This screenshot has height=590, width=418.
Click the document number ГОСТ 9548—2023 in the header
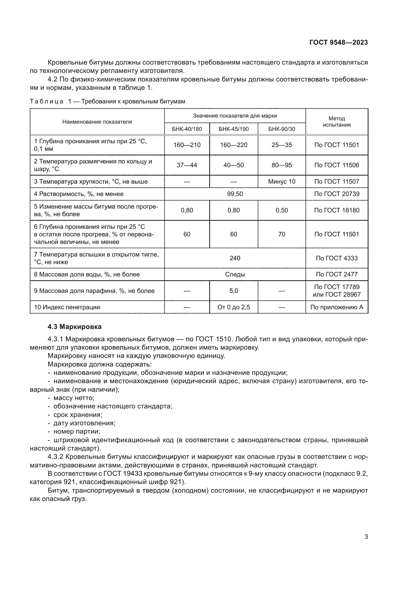(x=338, y=43)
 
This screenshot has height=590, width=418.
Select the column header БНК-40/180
(x=187, y=129)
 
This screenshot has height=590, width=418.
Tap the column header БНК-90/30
(x=282, y=129)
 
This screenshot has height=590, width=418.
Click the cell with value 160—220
(x=234, y=145)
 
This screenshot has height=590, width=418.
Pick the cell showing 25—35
(x=282, y=145)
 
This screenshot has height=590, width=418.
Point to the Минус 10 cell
(x=282, y=182)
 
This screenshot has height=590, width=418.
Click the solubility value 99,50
(x=235, y=194)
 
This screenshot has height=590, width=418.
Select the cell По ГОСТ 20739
(x=337, y=194)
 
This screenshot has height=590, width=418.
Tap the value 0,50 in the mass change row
(x=282, y=210)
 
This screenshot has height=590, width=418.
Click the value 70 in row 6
(x=282, y=234)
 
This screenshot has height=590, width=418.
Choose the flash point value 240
(x=235, y=258)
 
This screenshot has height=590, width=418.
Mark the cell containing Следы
(x=235, y=274)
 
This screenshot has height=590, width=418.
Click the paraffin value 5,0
(x=234, y=291)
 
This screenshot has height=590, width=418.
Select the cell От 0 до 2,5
(x=234, y=307)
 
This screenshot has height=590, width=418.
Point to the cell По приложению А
(x=337, y=307)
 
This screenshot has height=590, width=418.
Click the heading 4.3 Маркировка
(x=75, y=327)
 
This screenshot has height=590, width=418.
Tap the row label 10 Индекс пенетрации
(x=67, y=307)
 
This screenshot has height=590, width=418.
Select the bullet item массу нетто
(x=74, y=398)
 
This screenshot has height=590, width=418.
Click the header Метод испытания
(x=337, y=122)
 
